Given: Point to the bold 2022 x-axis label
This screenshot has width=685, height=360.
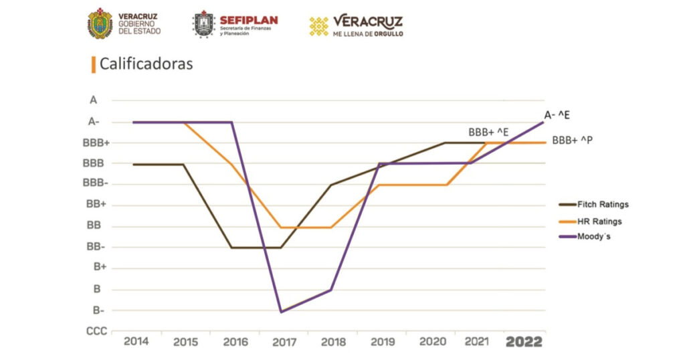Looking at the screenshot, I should click(x=524, y=342).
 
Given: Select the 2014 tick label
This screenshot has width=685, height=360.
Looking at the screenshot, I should click(x=136, y=342).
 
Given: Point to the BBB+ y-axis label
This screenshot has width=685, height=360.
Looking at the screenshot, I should click(x=96, y=143).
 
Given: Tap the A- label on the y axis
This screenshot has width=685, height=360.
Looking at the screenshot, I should click(x=94, y=122).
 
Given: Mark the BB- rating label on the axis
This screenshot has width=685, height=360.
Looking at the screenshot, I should click(x=95, y=247).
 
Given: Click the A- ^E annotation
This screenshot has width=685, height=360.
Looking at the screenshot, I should click(x=557, y=115).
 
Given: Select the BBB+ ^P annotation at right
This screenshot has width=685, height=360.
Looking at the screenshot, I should click(x=573, y=141).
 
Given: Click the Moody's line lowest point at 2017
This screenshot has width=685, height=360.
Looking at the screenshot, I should click(x=280, y=312).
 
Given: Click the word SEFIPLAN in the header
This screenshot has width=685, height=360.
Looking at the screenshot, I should click(x=248, y=19).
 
